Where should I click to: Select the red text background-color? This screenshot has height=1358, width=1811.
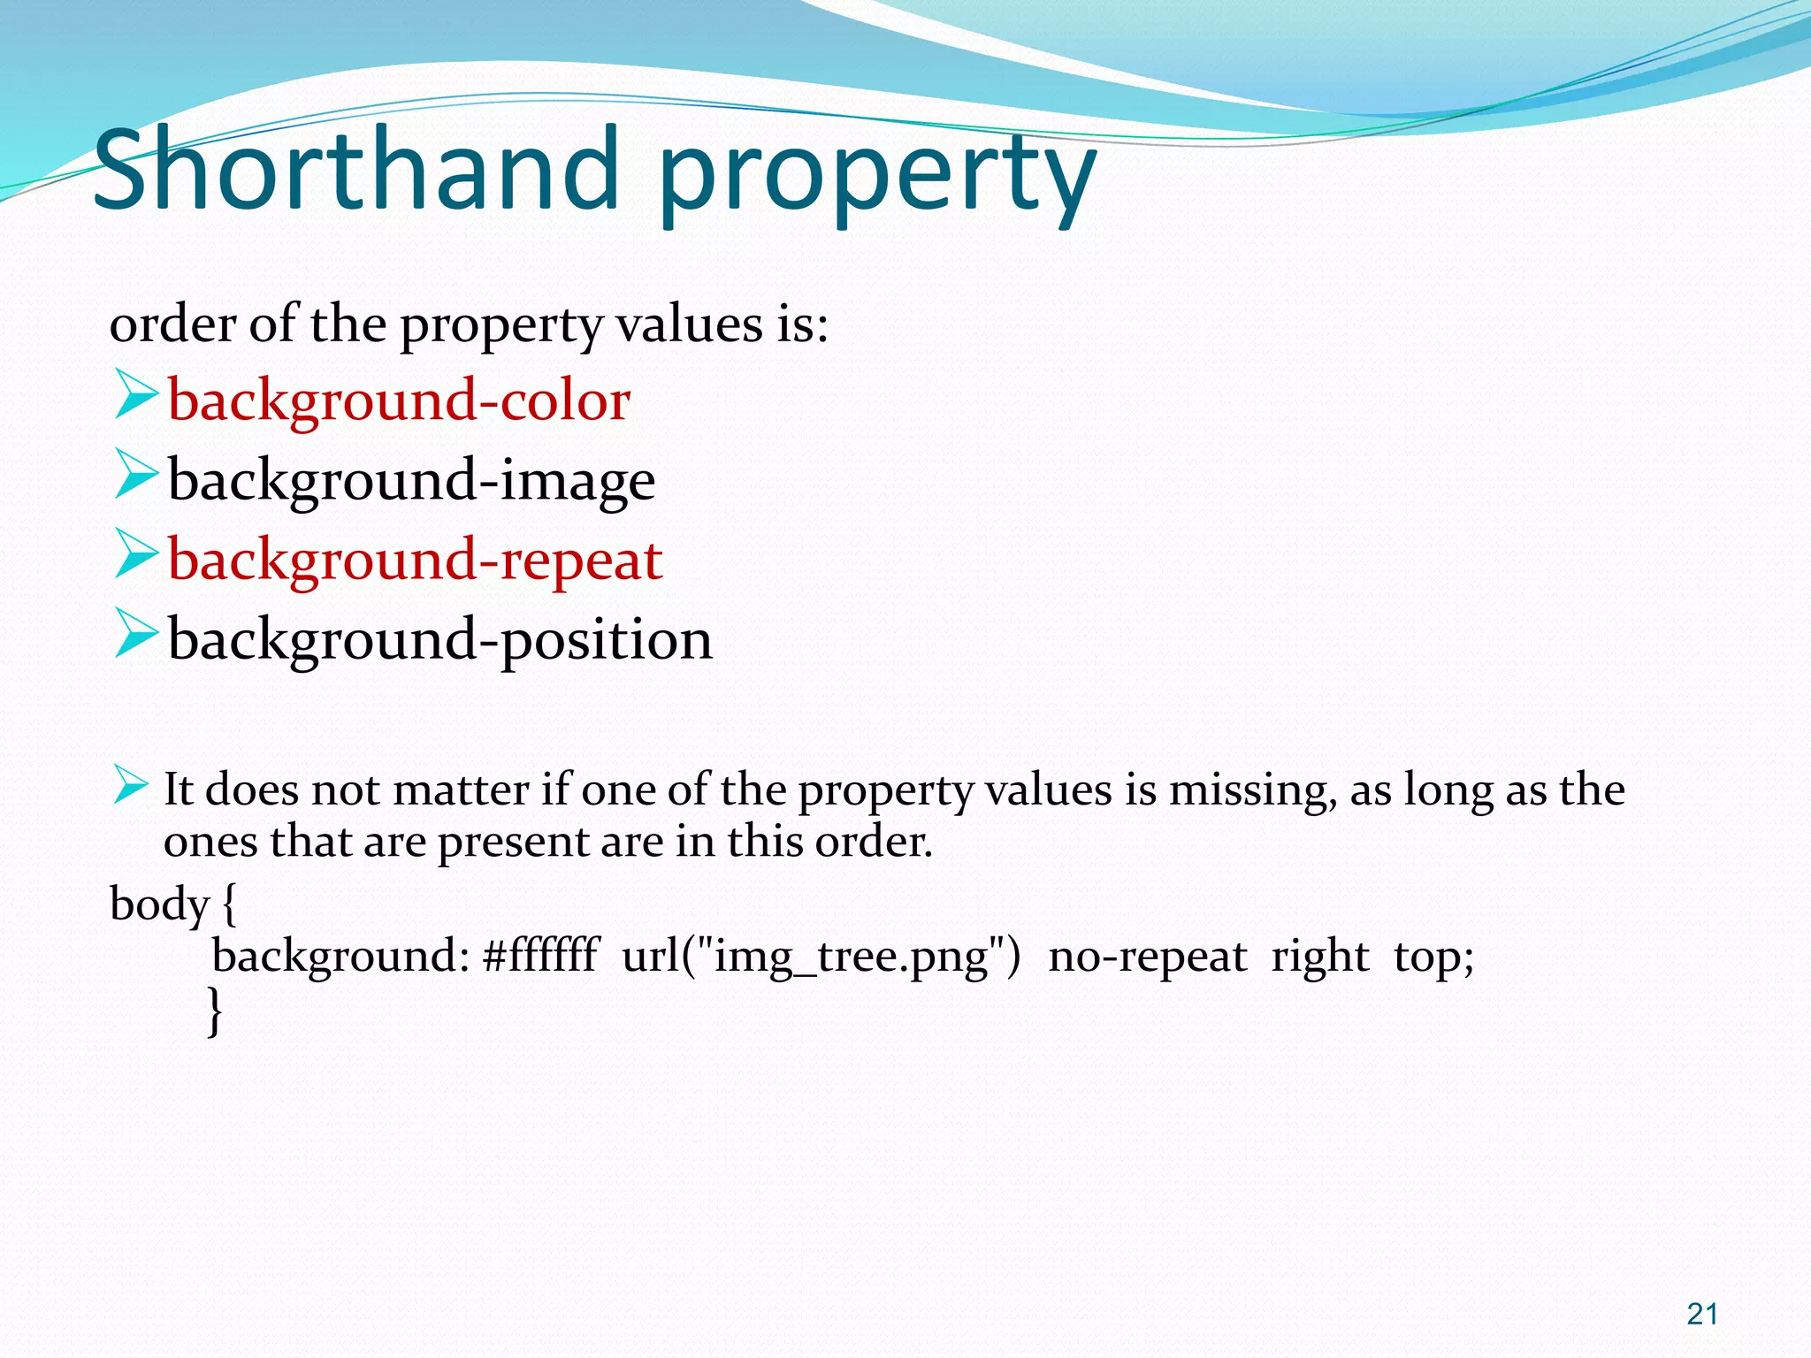(399, 401)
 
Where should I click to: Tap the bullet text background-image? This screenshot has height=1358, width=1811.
(411, 480)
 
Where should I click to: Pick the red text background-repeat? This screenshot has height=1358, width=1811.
(415, 560)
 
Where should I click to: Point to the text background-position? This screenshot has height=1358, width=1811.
(439, 639)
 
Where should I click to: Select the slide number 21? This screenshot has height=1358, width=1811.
(1701, 1314)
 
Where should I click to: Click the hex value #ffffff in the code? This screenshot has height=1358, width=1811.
(540, 956)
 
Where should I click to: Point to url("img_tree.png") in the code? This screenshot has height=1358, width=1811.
(821, 956)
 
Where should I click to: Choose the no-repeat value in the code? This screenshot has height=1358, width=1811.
(1146, 956)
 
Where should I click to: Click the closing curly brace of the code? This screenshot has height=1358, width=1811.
(214, 1010)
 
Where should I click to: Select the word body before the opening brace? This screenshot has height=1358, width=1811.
(159, 904)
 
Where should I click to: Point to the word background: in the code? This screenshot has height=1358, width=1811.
(340, 956)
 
